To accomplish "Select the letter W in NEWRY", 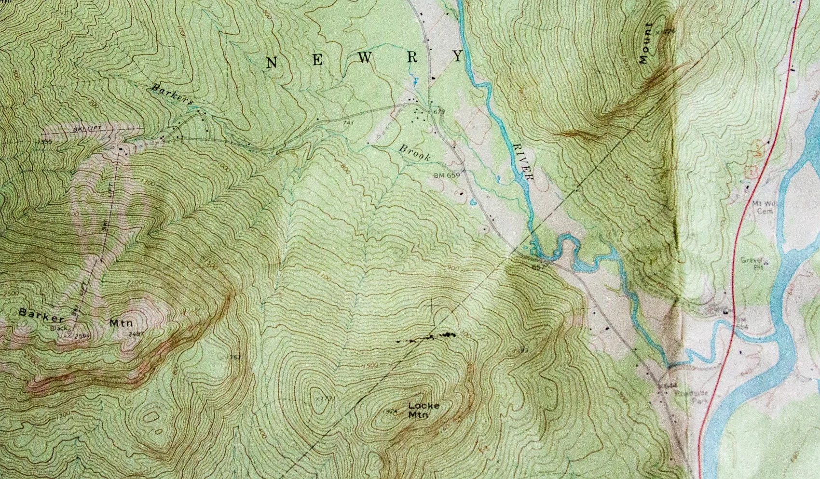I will click(365, 58).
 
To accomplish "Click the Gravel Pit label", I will click(753, 263).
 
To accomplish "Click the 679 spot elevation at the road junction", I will click(438, 112).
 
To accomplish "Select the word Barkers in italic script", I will click(172, 94).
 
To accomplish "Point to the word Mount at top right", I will click(645, 43).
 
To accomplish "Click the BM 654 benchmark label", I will click(741, 323).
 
